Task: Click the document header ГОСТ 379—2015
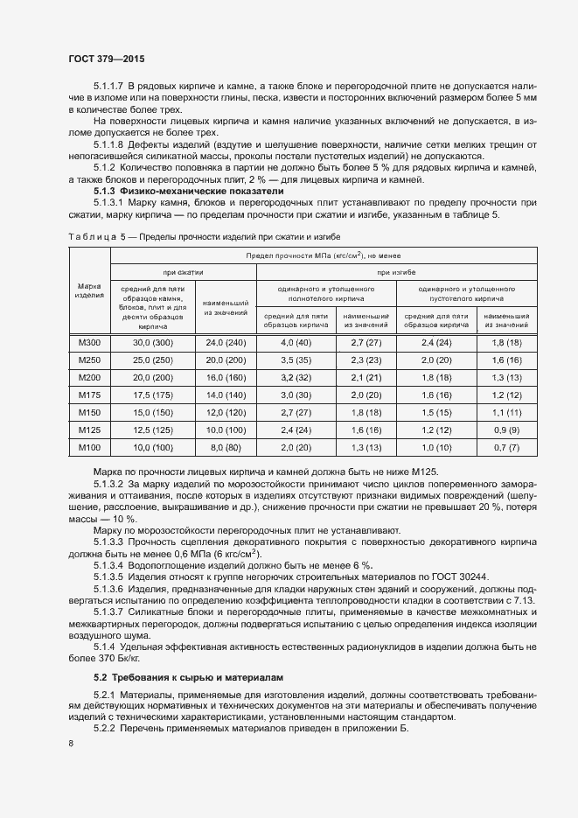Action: [x=107, y=59]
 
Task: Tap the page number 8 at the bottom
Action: [x=71, y=743]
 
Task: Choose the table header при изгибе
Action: [x=396, y=273]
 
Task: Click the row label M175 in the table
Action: [x=89, y=395]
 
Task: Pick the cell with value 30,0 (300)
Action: [x=153, y=342]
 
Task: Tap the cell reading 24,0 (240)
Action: [x=226, y=342]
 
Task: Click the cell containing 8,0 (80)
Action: [x=226, y=447]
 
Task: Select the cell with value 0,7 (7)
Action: [x=506, y=447]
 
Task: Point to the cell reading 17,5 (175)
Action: [x=153, y=395]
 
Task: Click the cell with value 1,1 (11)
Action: [x=506, y=412]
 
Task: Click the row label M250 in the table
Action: [x=89, y=360]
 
